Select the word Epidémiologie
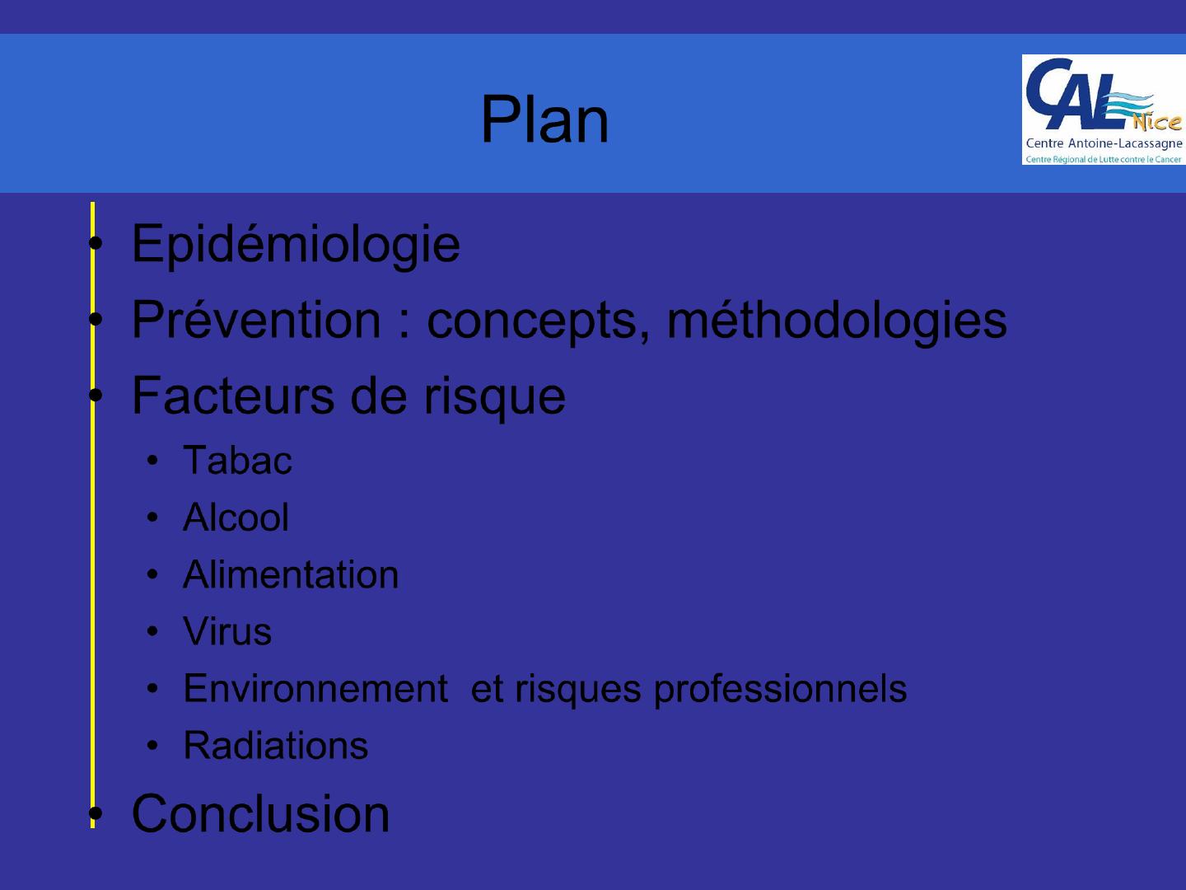296,245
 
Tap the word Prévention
256,320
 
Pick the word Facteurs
233,396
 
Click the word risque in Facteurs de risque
494,398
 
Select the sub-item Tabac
237,461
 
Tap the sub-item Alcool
236,518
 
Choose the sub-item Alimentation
291,574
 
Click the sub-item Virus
227,631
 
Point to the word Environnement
315,688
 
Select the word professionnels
780,691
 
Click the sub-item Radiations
276,746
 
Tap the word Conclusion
260,814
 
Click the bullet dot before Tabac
152,461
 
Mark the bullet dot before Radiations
152,746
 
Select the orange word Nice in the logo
1156,122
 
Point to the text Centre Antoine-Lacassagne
1104,143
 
